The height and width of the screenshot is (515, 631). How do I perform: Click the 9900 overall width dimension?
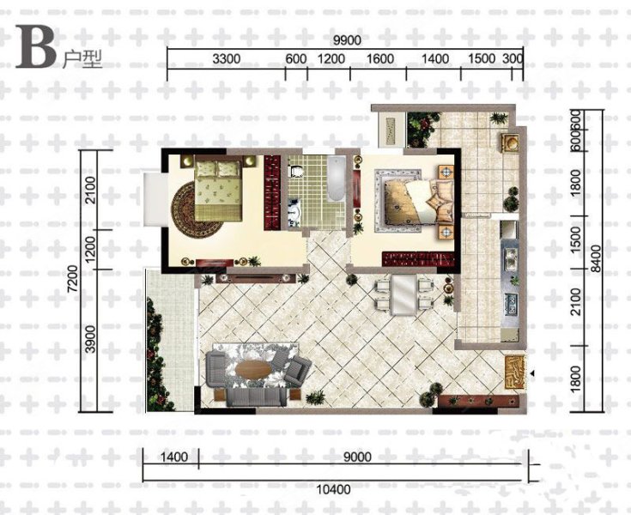tap(348, 40)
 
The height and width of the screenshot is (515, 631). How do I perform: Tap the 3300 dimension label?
tap(226, 59)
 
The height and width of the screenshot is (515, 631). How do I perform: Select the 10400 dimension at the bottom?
tap(334, 489)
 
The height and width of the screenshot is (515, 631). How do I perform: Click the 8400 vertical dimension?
tap(597, 258)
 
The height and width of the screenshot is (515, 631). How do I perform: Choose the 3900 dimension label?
tap(91, 339)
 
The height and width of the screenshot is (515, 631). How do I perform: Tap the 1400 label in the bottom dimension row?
tap(173, 457)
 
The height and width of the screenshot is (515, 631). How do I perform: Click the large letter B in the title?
tap(35, 47)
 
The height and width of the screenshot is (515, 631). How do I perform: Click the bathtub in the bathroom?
tap(336, 179)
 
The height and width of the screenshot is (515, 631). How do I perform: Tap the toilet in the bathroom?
tap(296, 172)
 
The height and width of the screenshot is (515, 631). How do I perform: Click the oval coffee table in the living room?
tap(253, 369)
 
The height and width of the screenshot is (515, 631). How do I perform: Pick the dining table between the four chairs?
tap(404, 295)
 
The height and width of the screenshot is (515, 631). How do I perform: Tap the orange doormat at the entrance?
tap(515, 373)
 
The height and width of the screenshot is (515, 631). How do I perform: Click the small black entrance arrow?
tap(532, 373)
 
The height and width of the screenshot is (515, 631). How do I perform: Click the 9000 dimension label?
tap(357, 457)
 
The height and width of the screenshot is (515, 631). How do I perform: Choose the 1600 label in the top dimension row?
tap(380, 59)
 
